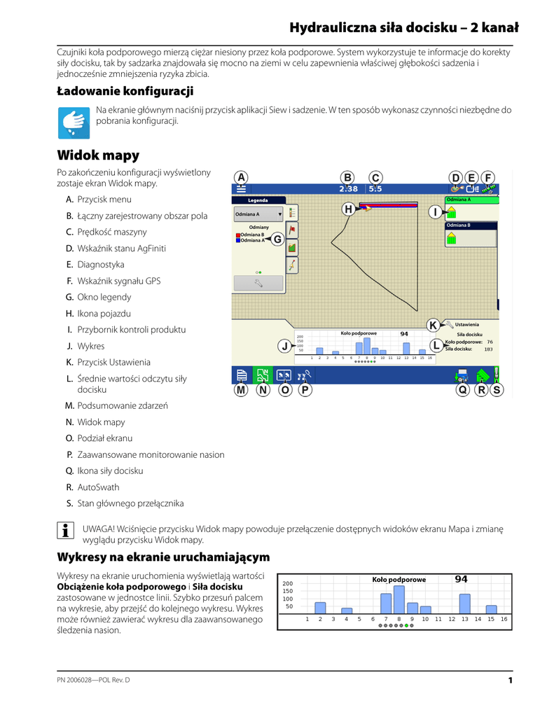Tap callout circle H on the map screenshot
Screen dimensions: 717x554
[348, 209]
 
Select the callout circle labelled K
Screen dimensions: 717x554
[434, 325]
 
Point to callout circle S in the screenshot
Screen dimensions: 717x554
[497, 390]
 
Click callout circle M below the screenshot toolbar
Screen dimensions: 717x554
[241, 390]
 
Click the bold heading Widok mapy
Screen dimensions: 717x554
[98, 155]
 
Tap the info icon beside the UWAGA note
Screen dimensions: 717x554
[65, 529]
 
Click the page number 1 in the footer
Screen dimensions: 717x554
[511, 681]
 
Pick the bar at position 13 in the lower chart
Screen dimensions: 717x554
[464, 604]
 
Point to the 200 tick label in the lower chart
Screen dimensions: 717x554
[287, 583]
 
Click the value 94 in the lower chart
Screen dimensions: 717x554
[461, 579]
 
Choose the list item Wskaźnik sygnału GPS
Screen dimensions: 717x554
[118, 281]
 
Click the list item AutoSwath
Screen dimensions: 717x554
[98, 487]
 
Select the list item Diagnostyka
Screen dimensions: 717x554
[100, 265]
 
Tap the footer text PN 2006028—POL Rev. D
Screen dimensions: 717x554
[93, 681]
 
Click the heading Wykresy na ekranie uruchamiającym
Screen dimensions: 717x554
[163, 557]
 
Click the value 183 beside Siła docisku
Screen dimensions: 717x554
[488, 349]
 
